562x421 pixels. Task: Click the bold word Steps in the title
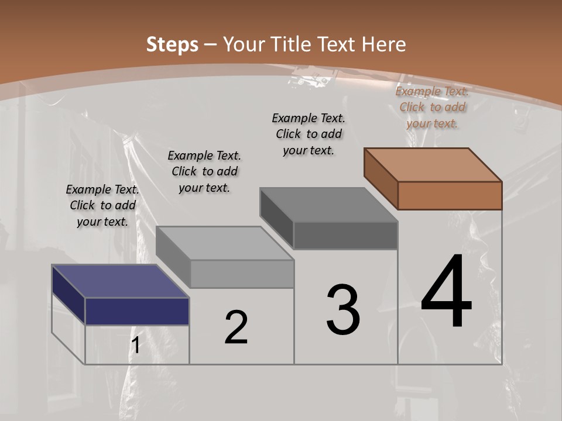(x=172, y=44)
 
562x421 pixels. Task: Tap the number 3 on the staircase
(x=343, y=310)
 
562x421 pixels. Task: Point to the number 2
(x=237, y=327)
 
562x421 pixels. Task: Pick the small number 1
(x=135, y=346)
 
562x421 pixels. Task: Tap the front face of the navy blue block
(x=137, y=311)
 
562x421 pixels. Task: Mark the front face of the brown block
(x=450, y=195)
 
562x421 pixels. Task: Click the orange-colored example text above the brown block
(x=432, y=107)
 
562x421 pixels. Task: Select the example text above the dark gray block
(x=309, y=134)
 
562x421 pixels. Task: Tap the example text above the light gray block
(x=204, y=171)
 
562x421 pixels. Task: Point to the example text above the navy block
(x=102, y=205)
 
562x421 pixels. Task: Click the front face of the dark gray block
(x=345, y=235)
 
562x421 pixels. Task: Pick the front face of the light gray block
(x=242, y=274)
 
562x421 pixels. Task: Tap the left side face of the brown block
(x=381, y=178)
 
